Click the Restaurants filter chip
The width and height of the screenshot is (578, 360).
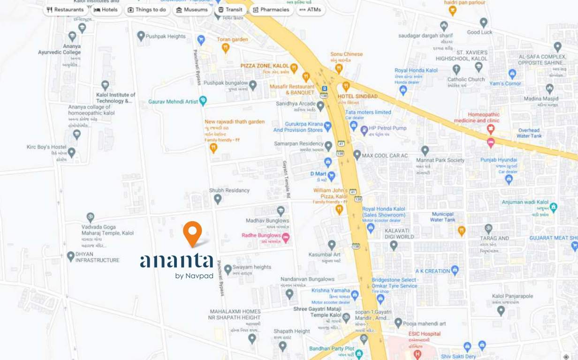pos(65,9)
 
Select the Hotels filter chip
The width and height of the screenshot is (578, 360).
pos(106,9)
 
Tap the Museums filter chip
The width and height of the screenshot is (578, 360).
pos(192,9)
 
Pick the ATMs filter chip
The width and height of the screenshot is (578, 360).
pos(310,9)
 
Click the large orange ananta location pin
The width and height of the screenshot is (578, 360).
pos(192,233)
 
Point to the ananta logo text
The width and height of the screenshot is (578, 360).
pos(176,261)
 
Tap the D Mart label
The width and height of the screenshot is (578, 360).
pos(318,174)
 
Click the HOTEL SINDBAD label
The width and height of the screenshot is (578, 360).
pos(357,96)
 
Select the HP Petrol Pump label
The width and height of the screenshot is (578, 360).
pos(388,128)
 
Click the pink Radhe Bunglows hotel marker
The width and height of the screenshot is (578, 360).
pos(286,236)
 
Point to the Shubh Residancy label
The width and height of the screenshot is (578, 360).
pos(229,190)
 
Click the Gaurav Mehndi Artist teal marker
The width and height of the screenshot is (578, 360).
pos(203,101)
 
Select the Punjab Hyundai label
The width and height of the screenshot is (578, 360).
pos(498,160)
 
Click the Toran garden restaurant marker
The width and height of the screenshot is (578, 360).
pos(226,48)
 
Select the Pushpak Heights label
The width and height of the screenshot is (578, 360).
pos(166,36)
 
